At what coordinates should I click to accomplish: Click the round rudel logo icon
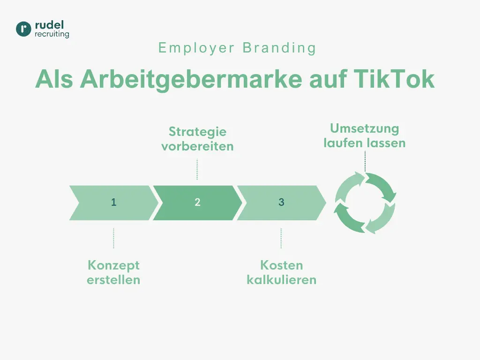[23, 29]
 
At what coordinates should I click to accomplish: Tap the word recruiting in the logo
[52, 34]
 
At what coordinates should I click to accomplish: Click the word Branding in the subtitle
[279, 48]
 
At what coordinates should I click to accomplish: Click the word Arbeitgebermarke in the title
[190, 79]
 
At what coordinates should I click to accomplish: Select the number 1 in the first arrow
[114, 202]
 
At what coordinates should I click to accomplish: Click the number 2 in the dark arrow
[197, 202]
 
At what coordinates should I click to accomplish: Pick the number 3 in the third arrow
[281, 202]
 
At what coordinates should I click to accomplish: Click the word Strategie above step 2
[197, 132]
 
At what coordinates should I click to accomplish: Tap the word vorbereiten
[197, 146]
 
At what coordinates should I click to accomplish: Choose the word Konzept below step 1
[113, 265]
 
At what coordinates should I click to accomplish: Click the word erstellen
[113, 280]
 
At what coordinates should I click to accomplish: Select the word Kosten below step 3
[281, 265]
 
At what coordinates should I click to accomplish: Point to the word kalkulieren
[281, 280]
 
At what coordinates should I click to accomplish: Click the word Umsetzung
[364, 128]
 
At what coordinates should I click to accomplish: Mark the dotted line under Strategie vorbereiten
[197, 169]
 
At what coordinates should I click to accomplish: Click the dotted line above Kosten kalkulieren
[281, 239]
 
